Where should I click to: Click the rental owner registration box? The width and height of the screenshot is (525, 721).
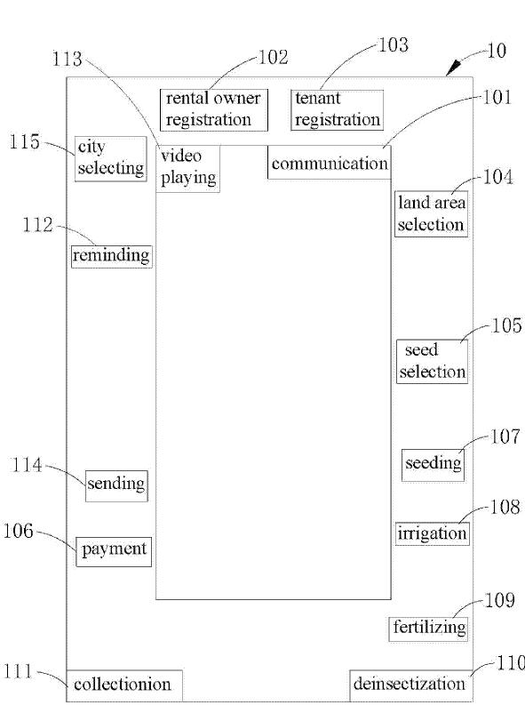[214, 110]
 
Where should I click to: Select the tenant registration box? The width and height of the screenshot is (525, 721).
[338, 110]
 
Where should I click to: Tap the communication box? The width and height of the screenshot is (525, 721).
[330, 163]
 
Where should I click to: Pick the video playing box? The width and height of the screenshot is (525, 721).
[187, 168]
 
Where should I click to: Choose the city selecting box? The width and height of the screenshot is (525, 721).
[111, 158]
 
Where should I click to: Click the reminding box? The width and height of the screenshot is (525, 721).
[112, 256]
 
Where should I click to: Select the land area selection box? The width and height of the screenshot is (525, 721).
[432, 214]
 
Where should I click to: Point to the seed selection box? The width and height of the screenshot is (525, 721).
[433, 362]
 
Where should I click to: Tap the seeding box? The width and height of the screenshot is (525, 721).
[434, 465]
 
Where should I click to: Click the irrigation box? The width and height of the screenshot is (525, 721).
[433, 533]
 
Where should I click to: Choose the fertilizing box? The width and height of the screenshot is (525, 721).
[429, 629]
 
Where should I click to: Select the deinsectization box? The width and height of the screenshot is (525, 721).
[411, 685]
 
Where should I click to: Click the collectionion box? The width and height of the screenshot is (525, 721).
[124, 685]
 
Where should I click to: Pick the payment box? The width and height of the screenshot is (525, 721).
[114, 551]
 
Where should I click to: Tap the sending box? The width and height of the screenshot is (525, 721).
[116, 485]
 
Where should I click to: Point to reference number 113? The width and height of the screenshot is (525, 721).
[67, 60]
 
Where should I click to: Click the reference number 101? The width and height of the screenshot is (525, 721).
[497, 97]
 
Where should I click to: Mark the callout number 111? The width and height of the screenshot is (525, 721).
[19, 672]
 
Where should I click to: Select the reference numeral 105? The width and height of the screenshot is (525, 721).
[506, 325]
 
